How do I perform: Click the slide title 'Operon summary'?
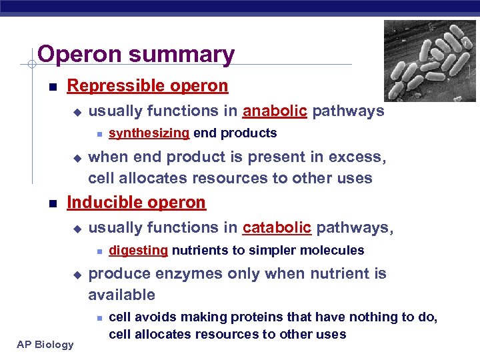[136, 55]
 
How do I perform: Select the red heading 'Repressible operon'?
[147, 86]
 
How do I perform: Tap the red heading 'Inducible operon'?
[137, 202]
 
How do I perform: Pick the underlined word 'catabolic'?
[277, 228]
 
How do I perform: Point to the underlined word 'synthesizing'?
[149, 133]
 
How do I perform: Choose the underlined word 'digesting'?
[138, 251]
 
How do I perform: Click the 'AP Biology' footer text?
[45, 345]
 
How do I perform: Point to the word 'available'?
[121, 295]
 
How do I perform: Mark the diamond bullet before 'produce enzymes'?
[76, 275]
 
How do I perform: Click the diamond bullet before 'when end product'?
[76, 159]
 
